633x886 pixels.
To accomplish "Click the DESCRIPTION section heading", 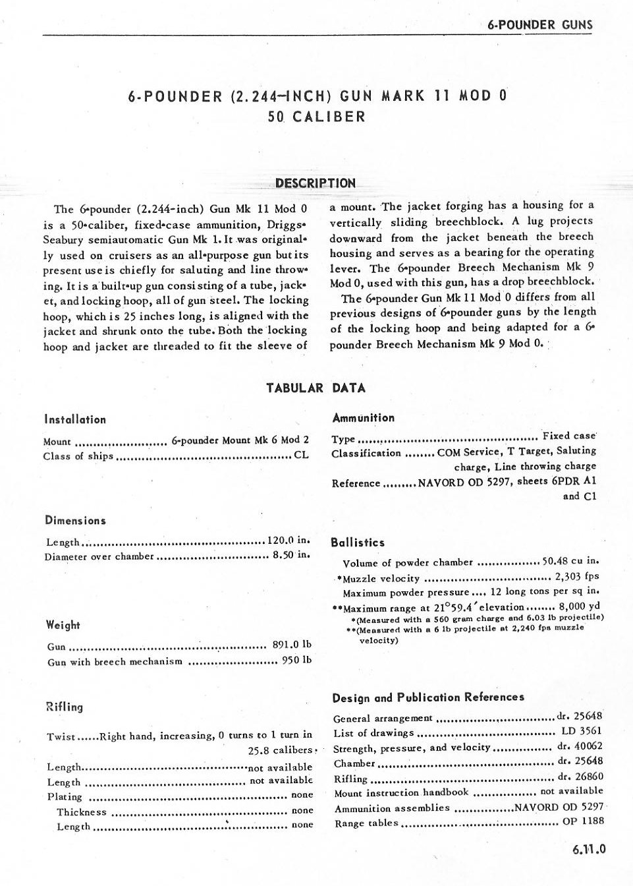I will (316, 183).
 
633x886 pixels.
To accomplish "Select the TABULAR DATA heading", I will (316, 388).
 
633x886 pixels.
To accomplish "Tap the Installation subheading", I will (75, 419).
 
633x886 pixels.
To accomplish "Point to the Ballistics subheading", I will (358, 543).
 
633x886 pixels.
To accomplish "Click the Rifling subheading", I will (65, 707).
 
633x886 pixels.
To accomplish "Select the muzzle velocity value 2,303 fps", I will (577, 577).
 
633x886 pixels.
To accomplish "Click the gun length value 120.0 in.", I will (289, 541).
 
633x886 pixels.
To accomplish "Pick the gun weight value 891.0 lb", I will (292, 645).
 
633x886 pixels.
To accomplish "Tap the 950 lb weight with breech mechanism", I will (296, 660).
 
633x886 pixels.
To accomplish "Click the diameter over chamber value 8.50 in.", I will (291, 555).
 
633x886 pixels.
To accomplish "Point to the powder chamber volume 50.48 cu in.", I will (570, 561).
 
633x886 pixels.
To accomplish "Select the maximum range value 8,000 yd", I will (579, 606).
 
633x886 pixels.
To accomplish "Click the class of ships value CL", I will (301, 455).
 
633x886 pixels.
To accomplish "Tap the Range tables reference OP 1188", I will (583, 821).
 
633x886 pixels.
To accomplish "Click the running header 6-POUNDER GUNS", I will (540, 25).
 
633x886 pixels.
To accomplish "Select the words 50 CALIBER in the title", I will (316, 117).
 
